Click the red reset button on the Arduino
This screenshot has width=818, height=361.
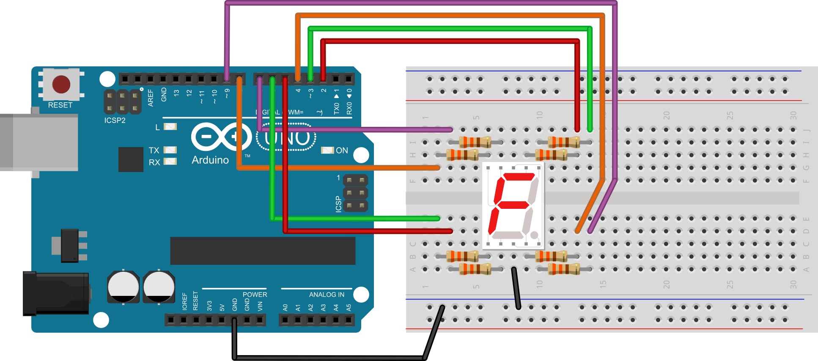(61, 84)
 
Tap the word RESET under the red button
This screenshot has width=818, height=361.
(60, 105)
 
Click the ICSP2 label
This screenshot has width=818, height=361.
(115, 120)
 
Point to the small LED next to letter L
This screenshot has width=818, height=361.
(170, 126)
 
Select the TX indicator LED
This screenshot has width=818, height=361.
(170, 150)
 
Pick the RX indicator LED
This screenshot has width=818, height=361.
(170, 161)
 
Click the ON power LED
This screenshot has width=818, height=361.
(327, 150)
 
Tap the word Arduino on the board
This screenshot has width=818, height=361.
(210, 160)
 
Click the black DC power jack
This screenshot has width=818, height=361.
(56, 293)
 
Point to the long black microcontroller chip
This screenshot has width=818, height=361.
(263, 251)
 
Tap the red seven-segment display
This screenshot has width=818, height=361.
(513, 205)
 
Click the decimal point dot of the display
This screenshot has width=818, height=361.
(534, 235)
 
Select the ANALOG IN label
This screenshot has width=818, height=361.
(327, 295)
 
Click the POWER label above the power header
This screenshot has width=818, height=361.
(255, 295)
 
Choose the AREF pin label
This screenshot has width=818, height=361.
(151, 97)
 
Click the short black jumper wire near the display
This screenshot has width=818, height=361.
(516, 288)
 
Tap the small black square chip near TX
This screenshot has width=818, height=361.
(131, 159)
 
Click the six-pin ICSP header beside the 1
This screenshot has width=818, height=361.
(355, 193)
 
